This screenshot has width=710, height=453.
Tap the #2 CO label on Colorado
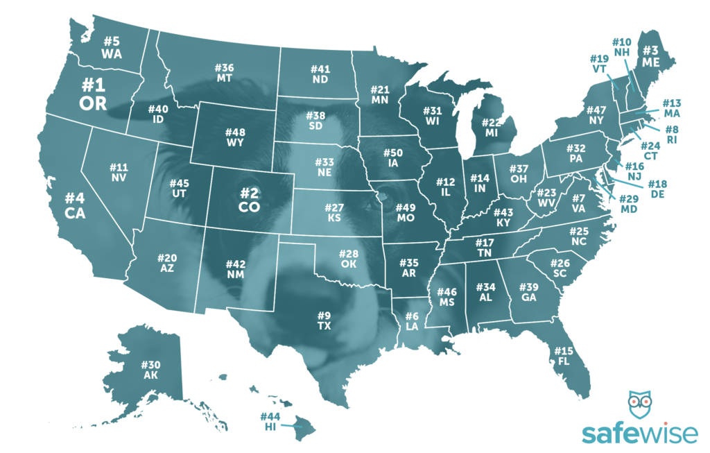coord(249,199)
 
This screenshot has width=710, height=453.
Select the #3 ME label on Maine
coord(650,55)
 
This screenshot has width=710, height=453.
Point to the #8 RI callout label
coord(671,135)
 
